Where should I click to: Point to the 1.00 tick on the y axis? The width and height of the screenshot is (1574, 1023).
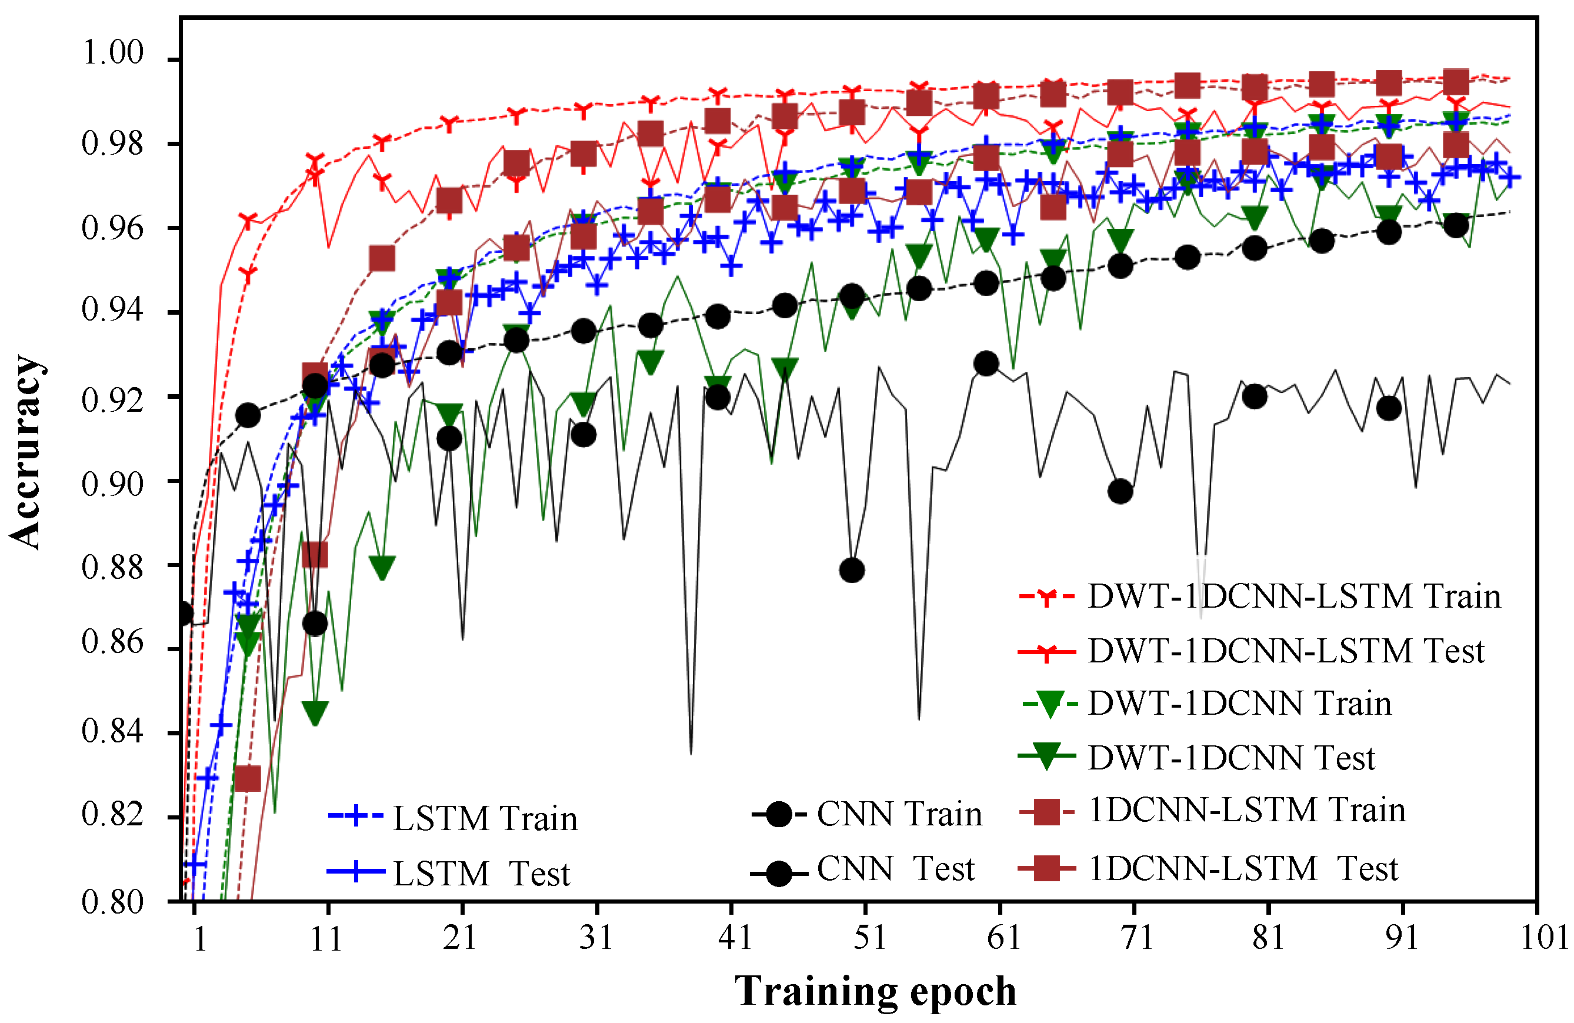[x=112, y=53]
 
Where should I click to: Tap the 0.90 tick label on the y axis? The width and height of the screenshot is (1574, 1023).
[x=112, y=484]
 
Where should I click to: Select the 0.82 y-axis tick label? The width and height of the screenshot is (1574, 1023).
[x=112, y=814]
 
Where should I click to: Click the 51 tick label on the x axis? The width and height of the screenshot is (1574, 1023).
[x=868, y=937]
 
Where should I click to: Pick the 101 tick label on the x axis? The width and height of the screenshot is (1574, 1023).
[x=1543, y=937]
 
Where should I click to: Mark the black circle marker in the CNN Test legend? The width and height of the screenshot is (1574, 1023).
[x=779, y=874]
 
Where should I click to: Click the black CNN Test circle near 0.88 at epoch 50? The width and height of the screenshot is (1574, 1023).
[x=852, y=570]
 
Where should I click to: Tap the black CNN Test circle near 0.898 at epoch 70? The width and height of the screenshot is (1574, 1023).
[x=1120, y=491]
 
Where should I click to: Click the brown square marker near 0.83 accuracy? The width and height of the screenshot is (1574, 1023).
[x=248, y=778]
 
